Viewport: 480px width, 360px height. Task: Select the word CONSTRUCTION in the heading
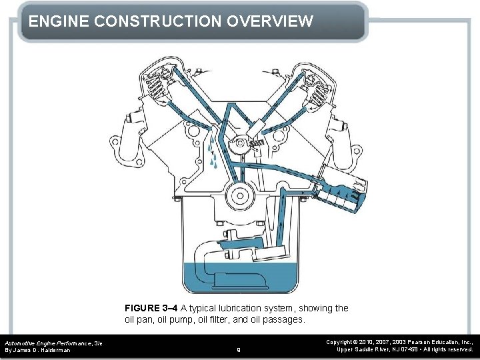(x=158, y=21)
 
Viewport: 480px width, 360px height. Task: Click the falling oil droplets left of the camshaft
(x=213, y=152)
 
